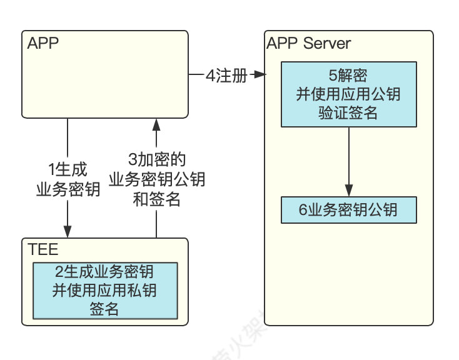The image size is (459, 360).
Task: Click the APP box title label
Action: [x=42, y=44]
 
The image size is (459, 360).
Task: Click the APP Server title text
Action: [x=308, y=43]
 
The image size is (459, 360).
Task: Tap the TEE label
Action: [x=43, y=250]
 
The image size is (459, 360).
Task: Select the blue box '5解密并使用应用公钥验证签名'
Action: [x=348, y=93]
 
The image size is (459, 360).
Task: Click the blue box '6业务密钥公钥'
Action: [x=348, y=210]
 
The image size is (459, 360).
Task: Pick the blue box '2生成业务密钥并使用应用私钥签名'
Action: [x=104, y=290]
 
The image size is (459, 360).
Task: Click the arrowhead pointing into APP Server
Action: [x=261, y=76]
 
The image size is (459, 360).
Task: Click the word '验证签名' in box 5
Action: [x=348, y=112]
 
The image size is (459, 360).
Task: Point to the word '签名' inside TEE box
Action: [x=104, y=309]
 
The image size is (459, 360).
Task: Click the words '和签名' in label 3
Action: [x=157, y=199]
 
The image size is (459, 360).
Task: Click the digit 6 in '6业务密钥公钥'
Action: [x=303, y=210]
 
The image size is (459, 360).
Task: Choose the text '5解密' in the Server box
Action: [x=348, y=76]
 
